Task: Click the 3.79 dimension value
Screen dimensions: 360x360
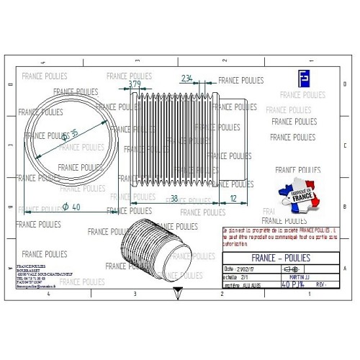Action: click(134, 84)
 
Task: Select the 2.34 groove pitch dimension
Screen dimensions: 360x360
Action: click(187, 78)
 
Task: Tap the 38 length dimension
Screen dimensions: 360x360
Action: click(173, 198)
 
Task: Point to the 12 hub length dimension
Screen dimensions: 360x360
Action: click(232, 198)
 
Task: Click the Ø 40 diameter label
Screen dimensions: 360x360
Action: click(71, 207)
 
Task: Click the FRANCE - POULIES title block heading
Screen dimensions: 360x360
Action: click(282, 256)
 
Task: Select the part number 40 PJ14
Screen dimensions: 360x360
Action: click(297, 284)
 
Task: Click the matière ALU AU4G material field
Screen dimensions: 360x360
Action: click(243, 284)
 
